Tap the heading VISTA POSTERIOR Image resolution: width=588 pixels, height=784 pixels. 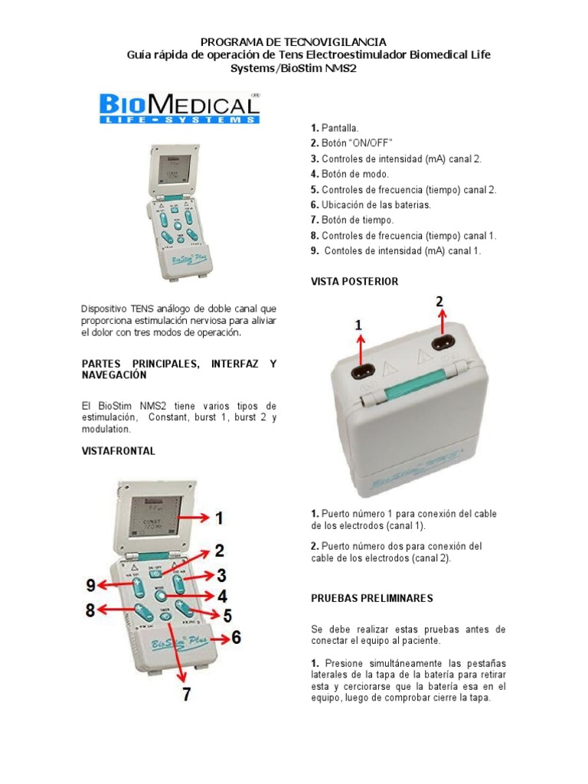(354, 282)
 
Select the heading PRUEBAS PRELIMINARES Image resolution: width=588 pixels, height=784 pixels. (371, 597)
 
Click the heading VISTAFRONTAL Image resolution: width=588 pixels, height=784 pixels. (119, 451)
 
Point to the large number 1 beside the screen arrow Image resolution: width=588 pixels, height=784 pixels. (218, 519)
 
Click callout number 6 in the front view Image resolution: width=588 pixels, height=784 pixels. (236, 636)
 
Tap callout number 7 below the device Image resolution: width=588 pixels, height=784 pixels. (187, 694)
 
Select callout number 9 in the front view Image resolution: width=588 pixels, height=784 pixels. (91, 586)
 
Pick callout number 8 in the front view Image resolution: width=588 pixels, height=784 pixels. (90, 610)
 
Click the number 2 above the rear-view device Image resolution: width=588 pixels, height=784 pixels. (439, 303)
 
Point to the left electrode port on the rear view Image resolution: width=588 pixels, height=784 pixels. (361, 372)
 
